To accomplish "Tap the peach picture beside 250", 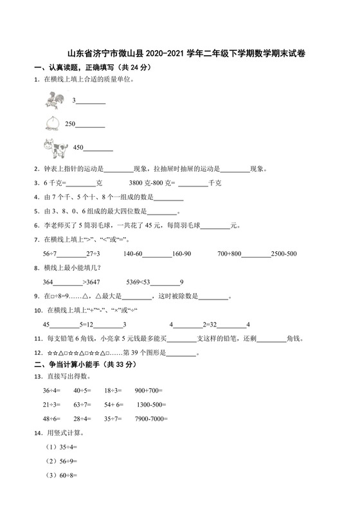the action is pyautogui.click(x=51, y=123).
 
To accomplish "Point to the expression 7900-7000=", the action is pyautogui.click(x=150, y=418).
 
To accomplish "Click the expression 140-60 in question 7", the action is pyautogui.click(x=133, y=254).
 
